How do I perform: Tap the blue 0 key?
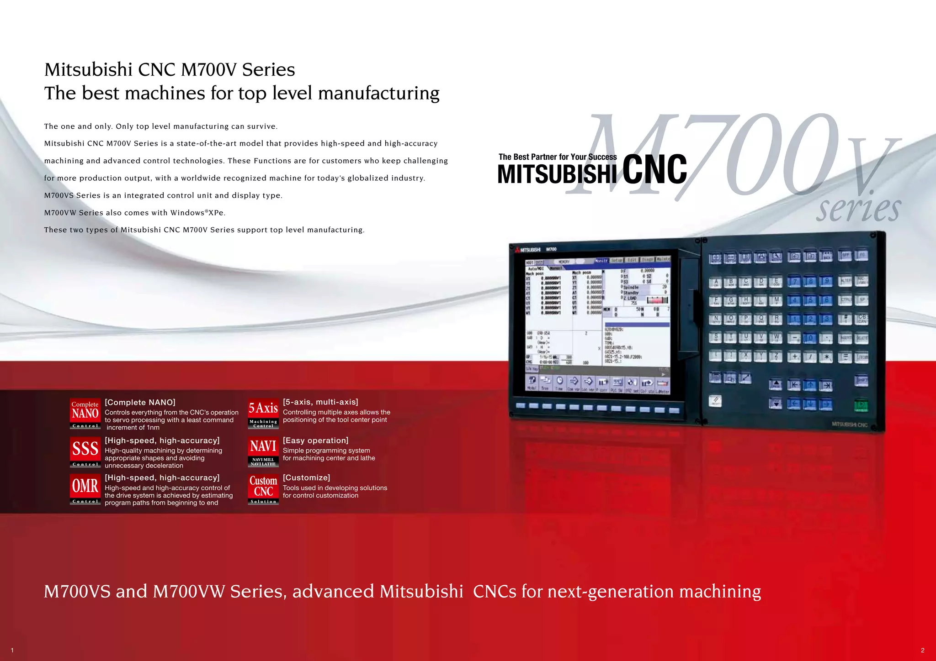tap(810, 338)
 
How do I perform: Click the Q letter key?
tap(761, 319)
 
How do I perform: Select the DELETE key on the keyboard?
tap(862, 338)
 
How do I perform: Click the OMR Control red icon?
tap(85, 489)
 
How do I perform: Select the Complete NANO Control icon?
tap(85, 414)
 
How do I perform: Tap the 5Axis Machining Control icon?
tap(263, 414)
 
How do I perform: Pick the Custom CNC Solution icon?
tap(263, 489)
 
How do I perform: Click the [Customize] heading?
tap(306, 477)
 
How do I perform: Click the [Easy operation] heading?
tap(315, 441)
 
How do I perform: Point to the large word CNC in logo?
tap(654, 170)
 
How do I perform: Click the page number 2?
tap(923, 650)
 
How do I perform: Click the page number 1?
tap(12, 650)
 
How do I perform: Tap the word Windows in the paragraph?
tap(187, 213)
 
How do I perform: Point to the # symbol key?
tap(846, 319)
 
